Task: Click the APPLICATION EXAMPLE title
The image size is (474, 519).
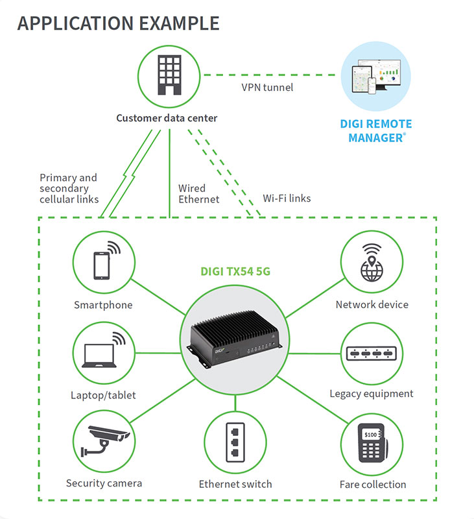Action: (x=118, y=23)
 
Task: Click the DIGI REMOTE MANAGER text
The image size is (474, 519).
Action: (x=375, y=130)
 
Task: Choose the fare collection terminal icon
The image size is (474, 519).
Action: (x=372, y=444)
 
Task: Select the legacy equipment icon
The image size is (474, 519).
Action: (x=372, y=354)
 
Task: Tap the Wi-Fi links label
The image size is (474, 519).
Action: (x=287, y=198)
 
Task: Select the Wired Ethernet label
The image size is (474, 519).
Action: (x=198, y=194)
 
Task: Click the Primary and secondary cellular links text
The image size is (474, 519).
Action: (x=69, y=188)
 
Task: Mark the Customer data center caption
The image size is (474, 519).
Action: (x=167, y=118)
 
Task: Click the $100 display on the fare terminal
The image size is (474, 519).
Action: (x=370, y=433)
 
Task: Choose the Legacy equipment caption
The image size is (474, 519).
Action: (x=371, y=394)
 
